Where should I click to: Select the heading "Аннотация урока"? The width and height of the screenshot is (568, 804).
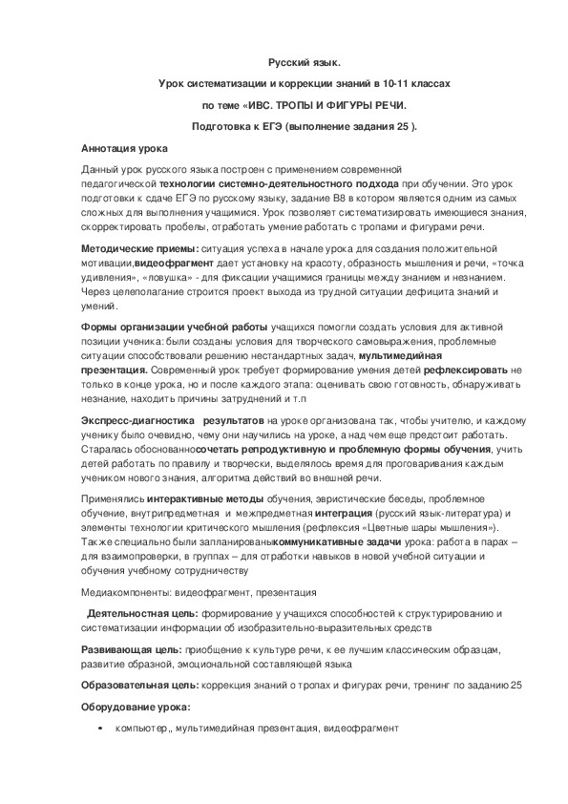point(125,150)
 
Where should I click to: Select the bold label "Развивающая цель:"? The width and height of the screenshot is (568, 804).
point(130,648)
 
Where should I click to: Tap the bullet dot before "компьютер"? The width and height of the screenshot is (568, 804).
point(100,729)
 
